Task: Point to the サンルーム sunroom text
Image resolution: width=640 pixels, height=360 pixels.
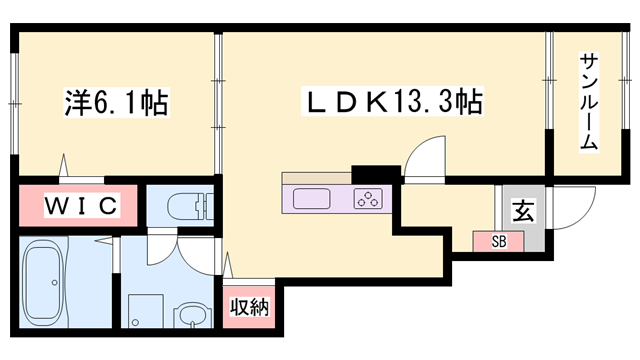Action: coord(589,101)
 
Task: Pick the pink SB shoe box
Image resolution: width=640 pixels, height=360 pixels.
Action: coord(497,241)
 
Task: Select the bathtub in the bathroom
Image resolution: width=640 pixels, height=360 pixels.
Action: coord(51,283)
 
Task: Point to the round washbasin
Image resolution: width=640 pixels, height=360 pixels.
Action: coord(191,321)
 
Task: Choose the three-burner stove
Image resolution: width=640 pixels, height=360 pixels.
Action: coord(367,198)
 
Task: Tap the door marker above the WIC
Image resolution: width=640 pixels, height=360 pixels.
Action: coord(66,163)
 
